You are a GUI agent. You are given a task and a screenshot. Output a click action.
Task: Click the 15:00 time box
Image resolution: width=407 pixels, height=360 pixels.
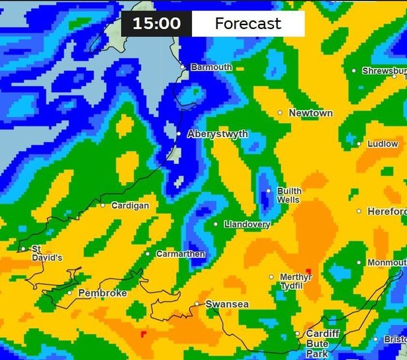pos(156,24)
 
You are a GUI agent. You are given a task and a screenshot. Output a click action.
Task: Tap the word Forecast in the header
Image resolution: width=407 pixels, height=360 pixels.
pos(248,24)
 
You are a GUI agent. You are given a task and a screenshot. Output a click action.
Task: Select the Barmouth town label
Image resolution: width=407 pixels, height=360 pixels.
pos(211,67)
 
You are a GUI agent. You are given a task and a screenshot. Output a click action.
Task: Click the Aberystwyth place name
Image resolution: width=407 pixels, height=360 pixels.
pos(218,134)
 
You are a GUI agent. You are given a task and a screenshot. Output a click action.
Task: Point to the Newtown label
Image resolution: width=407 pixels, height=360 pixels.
pos(310,113)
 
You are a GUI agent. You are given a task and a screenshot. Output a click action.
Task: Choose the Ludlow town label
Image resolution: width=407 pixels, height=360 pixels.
pos(383,144)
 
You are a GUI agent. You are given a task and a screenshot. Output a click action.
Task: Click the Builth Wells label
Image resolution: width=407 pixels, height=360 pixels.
pos(289,195)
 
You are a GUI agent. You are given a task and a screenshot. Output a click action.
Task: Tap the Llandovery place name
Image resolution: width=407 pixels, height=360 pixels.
pos(247,224)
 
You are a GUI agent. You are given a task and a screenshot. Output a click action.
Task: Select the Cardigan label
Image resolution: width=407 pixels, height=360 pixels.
pos(130,205)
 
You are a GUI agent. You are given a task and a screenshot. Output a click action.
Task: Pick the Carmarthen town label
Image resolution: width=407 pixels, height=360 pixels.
pos(180,254)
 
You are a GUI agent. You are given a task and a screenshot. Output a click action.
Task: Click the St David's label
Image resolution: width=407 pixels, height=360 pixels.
pos(47,253)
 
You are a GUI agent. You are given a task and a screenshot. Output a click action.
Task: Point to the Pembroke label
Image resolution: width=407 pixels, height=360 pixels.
pos(103,293)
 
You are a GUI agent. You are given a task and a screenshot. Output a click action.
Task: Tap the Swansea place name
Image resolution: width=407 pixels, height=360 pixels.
pos(227,304)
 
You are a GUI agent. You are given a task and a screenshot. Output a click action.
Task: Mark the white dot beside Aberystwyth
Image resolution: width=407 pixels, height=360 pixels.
pos(179,134)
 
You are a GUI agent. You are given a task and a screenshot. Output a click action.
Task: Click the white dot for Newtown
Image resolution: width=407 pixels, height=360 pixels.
pos(280,113)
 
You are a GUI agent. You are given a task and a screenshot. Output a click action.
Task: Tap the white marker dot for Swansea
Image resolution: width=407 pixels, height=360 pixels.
pos(197,304)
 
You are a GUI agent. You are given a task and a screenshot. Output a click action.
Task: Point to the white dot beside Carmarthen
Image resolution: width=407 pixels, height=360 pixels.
pos(148,253)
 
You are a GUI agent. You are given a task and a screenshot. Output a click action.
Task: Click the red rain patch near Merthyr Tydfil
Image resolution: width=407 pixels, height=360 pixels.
pos(308,273)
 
